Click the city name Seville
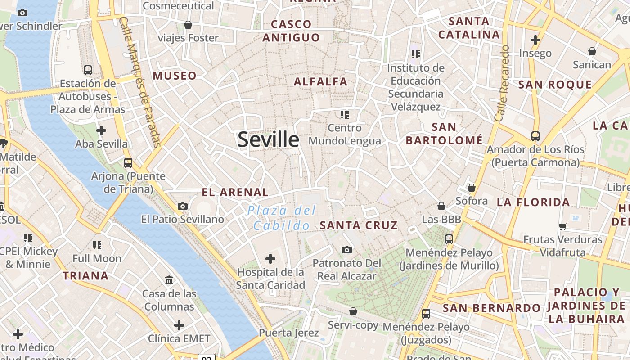(x=268, y=139)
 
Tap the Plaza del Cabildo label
(x=282, y=218)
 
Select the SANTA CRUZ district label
(x=359, y=225)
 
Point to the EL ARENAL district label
(x=235, y=193)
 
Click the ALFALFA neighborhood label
(x=321, y=82)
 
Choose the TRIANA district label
(x=85, y=276)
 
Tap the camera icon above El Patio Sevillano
(x=183, y=206)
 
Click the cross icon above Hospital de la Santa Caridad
(x=270, y=259)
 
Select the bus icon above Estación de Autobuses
(x=88, y=70)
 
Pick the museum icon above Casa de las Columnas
(x=169, y=280)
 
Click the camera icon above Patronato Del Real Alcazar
(x=346, y=250)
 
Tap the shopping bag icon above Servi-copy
(x=353, y=311)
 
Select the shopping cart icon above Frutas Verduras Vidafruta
(x=562, y=226)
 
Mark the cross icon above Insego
(x=535, y=40)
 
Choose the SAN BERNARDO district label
(x=491, y=308)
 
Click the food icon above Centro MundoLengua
(x=345, y=114)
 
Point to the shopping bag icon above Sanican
(x=592, y=51)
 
